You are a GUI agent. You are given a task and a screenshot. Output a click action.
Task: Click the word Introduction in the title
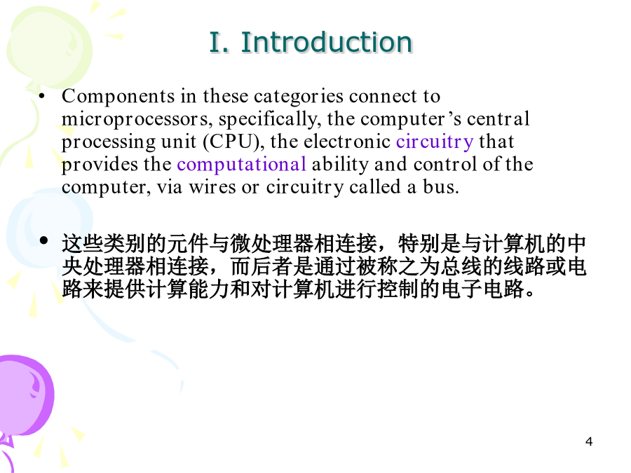(x=326, y=42)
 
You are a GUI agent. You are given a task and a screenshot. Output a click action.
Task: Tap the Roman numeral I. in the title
(x=219, y=42)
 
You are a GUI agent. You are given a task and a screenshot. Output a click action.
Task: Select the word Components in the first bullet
(x=118, y=97)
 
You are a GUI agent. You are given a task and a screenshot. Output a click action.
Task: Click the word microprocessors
(x=135, y=118)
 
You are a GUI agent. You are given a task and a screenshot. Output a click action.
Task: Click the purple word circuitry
(x=435, y=142)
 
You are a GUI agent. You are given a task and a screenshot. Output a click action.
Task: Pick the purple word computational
(x=241, y=165)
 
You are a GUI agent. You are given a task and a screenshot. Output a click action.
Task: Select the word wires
(x=212, y=187)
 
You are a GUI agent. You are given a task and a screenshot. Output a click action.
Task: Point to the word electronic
(x=347, y=142)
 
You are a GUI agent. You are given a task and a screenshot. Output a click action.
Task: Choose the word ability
(x=340, y=165)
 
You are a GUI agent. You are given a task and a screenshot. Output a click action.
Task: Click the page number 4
(x=589, y=441)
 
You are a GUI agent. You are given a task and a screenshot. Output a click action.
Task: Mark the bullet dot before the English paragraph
(x=41, y=96)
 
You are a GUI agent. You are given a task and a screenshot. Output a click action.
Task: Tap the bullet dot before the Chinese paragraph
(x=44, y=240)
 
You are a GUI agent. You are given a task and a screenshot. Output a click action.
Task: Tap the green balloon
(x=49, y=46)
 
